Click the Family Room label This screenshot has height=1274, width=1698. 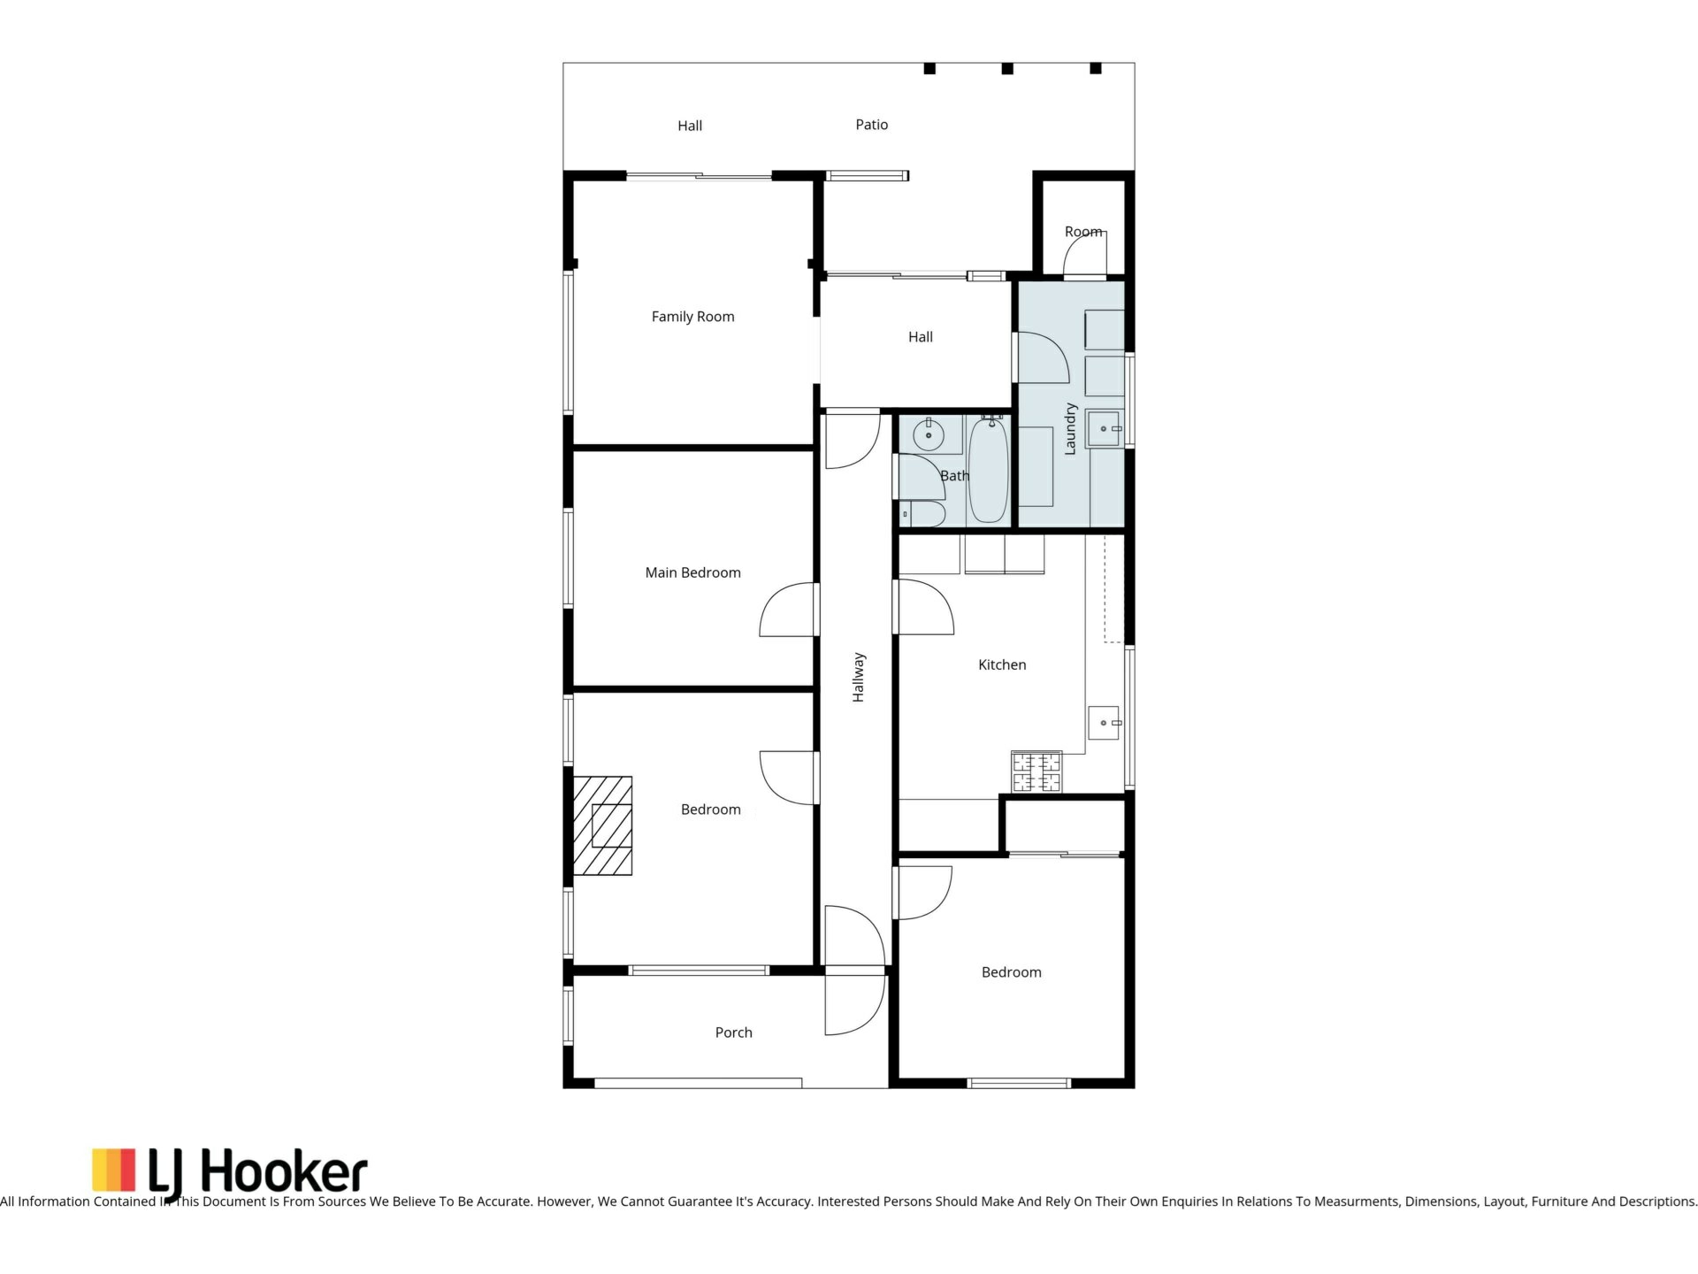692,317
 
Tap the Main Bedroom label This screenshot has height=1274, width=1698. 692,572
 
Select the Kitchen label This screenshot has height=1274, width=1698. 1002,664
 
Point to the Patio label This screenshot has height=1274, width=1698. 871,125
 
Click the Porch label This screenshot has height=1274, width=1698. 733,1032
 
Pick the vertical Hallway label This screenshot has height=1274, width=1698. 859,678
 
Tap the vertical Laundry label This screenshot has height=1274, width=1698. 1070,429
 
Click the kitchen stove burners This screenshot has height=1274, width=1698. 1036,771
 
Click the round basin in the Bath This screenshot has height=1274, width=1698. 929,435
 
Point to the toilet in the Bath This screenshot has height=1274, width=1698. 922,513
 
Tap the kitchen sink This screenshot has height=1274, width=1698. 1104,723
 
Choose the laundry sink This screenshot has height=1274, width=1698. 1104,429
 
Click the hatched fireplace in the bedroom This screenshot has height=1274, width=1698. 603,825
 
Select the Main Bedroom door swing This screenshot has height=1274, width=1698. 786,610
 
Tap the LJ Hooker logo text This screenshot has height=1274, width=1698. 256,1173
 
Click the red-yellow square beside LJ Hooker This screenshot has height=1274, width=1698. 114,1170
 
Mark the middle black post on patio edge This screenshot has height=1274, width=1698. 1007,68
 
